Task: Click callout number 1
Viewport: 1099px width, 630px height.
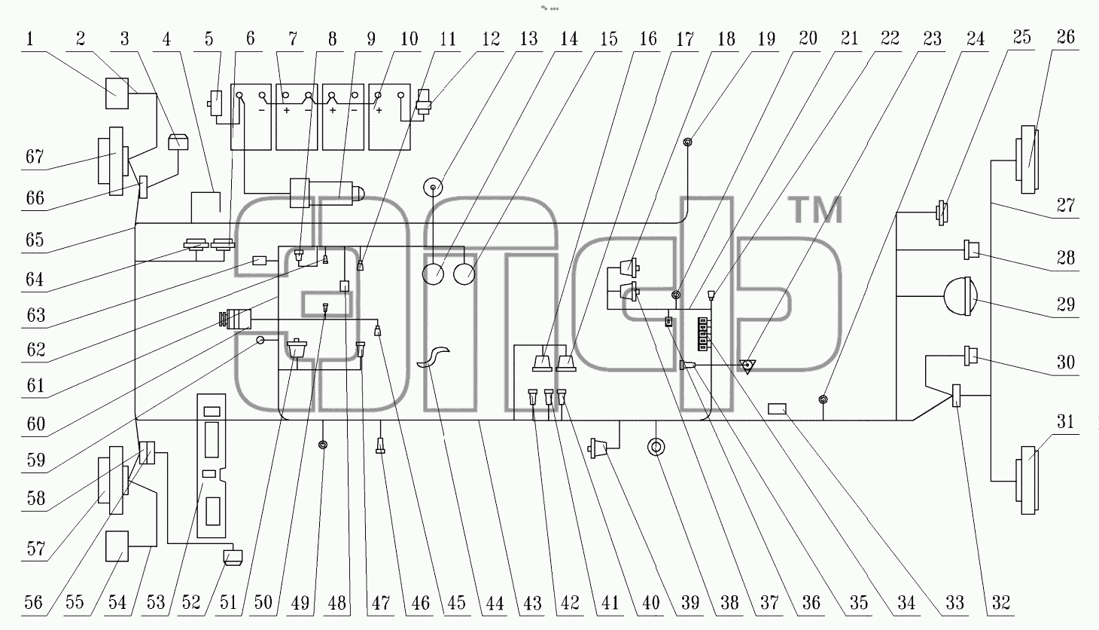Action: (30, 38)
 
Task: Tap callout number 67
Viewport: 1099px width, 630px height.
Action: (35, 157)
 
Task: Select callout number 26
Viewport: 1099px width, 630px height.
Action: (1066, 37)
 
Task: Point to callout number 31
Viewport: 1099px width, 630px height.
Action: (1066, 421)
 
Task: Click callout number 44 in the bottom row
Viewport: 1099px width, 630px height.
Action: (495, 603)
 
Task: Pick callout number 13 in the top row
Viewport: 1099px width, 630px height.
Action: (529, 38)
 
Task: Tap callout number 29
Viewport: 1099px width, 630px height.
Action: (1066, 304)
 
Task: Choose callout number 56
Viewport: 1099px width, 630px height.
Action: (34, 603)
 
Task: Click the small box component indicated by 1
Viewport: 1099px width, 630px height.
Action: (117, 93)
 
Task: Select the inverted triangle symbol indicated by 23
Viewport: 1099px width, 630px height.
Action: (747, 365)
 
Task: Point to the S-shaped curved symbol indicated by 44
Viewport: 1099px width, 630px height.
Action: (433, 356)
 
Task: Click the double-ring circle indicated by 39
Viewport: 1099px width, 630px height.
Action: (656, 447)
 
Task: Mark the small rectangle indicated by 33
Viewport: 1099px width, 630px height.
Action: (777, 408)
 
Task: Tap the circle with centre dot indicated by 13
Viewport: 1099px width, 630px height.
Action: (433, 187)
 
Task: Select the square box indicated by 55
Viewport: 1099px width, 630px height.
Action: (117, 546)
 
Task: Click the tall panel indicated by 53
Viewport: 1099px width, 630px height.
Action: (212, 466)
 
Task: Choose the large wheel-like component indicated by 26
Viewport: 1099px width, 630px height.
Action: (1027, 160)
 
